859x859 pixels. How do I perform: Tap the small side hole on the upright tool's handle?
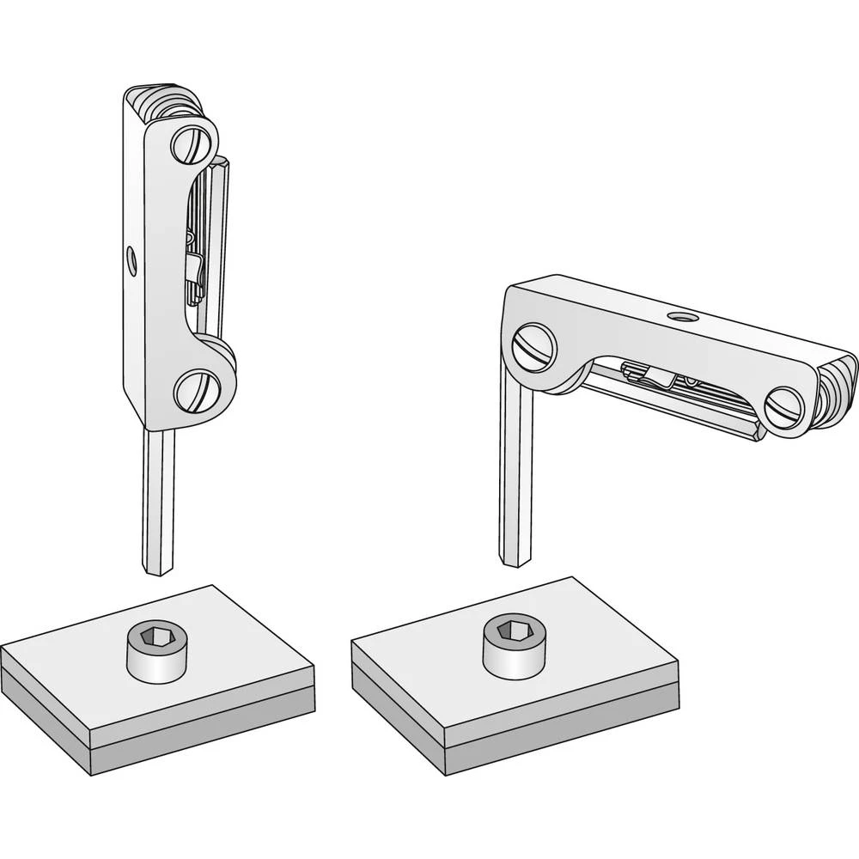tap(131, 259)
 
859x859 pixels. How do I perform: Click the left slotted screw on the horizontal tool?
tap(533, 350)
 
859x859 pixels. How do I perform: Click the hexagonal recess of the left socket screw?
tap(158, 637)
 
